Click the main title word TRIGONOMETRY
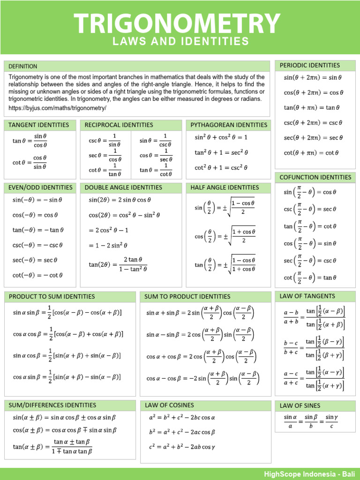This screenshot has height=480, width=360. coord(177,23)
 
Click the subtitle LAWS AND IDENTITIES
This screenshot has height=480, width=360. coord(180,42)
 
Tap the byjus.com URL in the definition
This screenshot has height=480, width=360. coord(58,108)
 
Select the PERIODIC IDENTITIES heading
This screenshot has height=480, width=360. coord(310,65)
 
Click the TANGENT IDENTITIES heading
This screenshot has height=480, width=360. coord(39,125)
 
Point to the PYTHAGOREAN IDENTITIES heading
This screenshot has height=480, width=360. coord(229,125)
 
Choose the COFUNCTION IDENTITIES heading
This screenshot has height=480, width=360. coord(315,177)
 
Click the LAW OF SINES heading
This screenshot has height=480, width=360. coord(300,405)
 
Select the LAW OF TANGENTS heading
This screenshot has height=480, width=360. coord(307,296)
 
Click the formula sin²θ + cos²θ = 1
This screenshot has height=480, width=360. coord(221,138)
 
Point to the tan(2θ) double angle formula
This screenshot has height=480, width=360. coord(118,264)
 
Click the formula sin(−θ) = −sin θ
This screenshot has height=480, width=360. coord(37,200)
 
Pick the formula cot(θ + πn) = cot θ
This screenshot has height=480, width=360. coord(311,153)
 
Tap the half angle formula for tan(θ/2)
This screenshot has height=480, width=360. coord(225,264)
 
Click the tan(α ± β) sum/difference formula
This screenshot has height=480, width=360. coord(52,446)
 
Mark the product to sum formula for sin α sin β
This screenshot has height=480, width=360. coord(67,311)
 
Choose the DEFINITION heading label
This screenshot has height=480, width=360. coord(23,66)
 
